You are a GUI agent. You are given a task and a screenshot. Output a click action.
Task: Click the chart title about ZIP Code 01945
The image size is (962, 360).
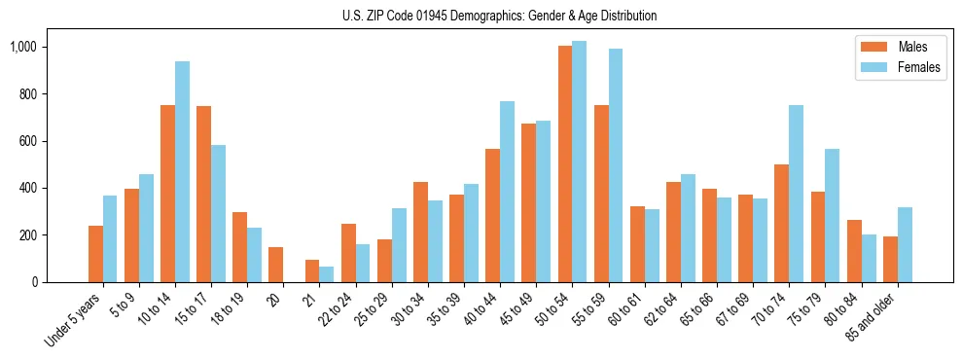[x=499, y=16]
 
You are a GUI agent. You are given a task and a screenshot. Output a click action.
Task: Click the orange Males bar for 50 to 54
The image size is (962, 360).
[x=565, y=163]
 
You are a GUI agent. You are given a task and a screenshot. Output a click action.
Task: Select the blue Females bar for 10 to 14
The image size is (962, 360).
[x=182, y=171]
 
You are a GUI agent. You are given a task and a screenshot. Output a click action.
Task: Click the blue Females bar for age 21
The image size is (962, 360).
[x=326, y=274]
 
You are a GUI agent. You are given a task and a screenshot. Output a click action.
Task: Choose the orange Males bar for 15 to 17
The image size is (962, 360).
[x=203, y=194]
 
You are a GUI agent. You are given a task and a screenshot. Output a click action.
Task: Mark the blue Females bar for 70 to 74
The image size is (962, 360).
[x=796, y=194]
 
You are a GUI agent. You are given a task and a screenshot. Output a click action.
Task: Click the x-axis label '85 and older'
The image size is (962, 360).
[x=871, y=315]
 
